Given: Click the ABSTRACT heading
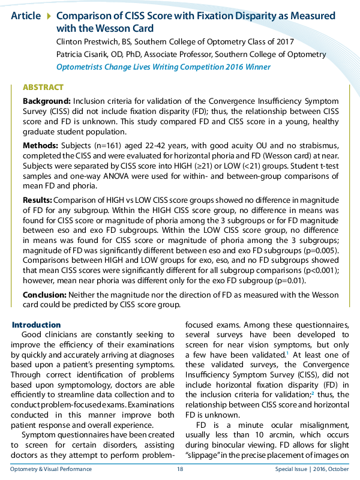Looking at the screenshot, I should [x=44, y=87].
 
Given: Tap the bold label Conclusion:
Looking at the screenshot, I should [x=45, y=295].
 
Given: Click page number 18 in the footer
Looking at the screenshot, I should [x=179, y=469].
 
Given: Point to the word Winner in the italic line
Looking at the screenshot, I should [x=257, y=67].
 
